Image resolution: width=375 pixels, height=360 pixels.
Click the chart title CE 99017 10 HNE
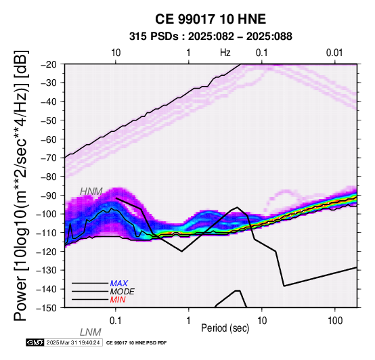click(x=211, y=19)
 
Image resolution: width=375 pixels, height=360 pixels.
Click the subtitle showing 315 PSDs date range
click(x=211, y=37)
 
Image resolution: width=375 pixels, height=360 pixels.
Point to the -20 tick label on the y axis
click(x=49, y=64)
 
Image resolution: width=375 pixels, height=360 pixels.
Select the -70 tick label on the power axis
click(x=49, y=158)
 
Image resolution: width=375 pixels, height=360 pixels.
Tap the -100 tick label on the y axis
click(x=47, y=214)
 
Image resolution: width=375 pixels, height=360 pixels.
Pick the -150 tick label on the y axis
click(x=47, y=308)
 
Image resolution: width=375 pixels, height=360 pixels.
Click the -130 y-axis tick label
click(x=47, y=270)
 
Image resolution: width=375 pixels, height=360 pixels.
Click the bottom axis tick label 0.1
click(x=116, y=321)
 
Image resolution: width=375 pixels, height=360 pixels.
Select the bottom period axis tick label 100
click(x=335, y=321)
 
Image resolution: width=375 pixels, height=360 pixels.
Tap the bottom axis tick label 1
click(x=189, y=321)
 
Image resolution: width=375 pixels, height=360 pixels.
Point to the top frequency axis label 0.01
click(x=334, y=53)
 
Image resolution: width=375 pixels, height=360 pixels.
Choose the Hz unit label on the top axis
click(x=225, y=53)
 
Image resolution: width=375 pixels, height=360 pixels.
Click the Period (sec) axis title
click(x=225, y=328)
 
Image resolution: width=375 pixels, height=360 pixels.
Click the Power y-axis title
click(x=21, y=185)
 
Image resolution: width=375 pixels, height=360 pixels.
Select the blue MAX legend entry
click(x=119, y=284)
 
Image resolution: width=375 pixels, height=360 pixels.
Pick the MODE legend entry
click(x=123, y=292)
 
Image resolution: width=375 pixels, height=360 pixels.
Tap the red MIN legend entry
click(x=118, y=300)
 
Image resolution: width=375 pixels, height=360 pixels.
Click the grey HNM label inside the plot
click(x=91, y=192)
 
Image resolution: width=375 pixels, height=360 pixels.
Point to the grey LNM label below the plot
click(x=91, y=332)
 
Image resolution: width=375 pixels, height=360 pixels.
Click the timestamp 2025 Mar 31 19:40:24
click(x=73, y=342)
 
